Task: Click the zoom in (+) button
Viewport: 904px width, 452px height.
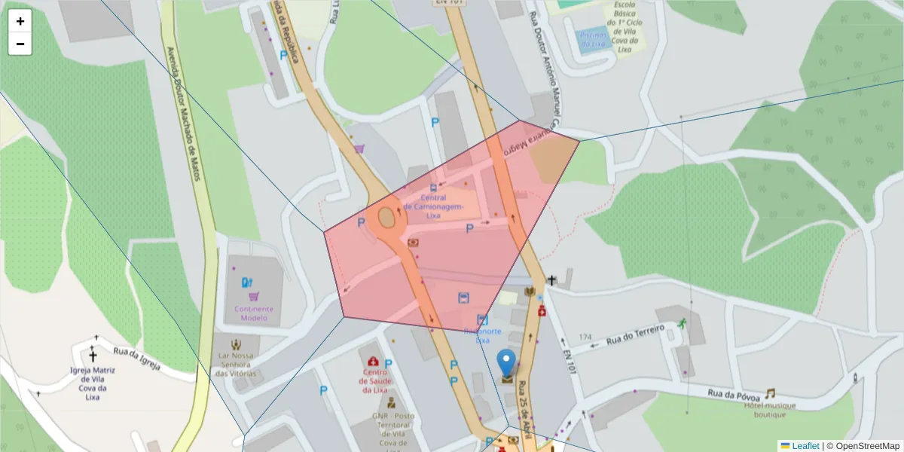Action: coord(20,21)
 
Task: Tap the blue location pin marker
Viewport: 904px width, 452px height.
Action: coord(507,362)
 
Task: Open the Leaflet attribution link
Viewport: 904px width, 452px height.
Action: coord(805,446)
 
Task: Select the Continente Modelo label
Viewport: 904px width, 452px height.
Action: coord(254,313)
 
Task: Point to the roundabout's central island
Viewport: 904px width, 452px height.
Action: coord(386,218)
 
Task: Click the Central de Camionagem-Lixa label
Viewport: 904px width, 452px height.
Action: coord(432,207)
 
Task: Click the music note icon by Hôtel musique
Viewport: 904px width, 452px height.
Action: coord(770,393)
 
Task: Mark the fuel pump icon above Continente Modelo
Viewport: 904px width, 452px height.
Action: coord(245,283)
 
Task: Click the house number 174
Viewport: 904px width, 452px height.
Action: coord(585,337)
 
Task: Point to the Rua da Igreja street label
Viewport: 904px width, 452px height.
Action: coord(137,358)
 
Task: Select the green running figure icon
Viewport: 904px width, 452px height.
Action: coord(682,323)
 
